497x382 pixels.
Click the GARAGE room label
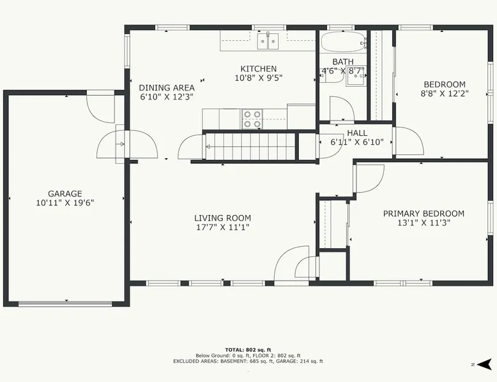coord(65,193)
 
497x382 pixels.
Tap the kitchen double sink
coord(268,41)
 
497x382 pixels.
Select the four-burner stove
coord(252,119)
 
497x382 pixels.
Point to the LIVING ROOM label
coord(222,218)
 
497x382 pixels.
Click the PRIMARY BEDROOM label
coord(424,214)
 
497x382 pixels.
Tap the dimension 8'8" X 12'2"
coord(445,93)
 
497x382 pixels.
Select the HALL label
coord(357,133)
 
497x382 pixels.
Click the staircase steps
coord(250,146)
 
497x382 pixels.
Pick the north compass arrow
coord(484,365)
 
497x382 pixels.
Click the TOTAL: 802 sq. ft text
coord(249,349)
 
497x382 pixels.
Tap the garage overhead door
coord(65,304)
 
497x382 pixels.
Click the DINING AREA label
coord(167,87)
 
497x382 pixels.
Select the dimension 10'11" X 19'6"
coord(65,203)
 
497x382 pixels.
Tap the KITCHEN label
coord(259,69)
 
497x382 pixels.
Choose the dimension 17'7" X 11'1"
coord(222,227)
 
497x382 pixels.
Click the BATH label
coord(343,61)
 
